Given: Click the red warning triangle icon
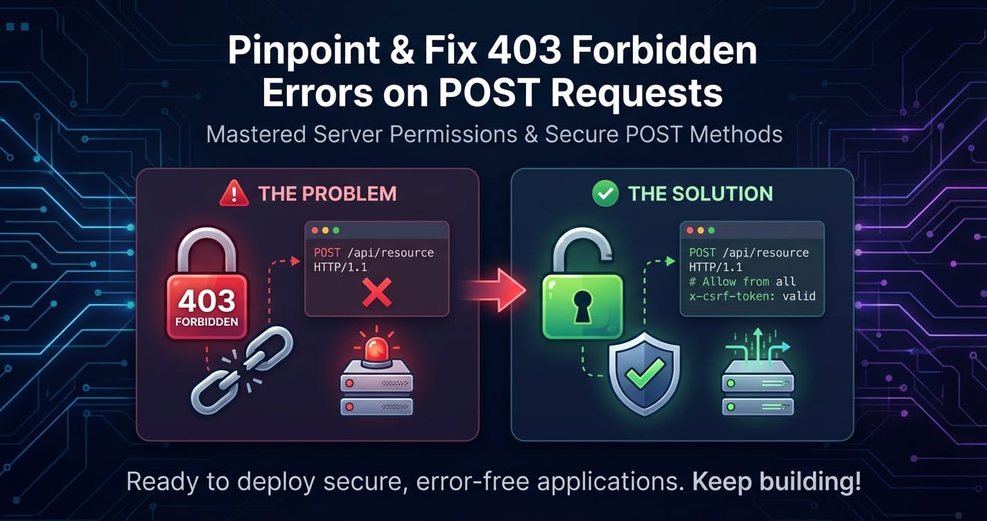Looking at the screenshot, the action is pyautogui.click(x=234, y=193).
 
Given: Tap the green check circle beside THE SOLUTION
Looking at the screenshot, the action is pyautogui.click(x=605, y=193).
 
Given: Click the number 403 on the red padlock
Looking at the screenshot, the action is pyautogui.click(x=207, y=301).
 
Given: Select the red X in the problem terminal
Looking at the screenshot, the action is pyautogui.click(x=377, y=292).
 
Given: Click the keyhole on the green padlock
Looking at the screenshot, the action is pyautogui.click(x=582, y=306).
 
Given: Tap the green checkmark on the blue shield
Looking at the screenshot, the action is pyautogui.click(x=645, y=373).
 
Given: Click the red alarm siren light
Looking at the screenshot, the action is pyautogui.click(x=376, y=350).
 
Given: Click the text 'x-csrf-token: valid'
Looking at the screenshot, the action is pyautogui.click(x=752, y=296).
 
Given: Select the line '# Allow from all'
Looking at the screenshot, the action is pyautogui.click(x=742, y=281).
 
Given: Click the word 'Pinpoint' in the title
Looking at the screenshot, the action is pyautogui.click(x=304, y=51).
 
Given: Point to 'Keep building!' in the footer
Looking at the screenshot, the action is pyautogui.click(x=776, y=482).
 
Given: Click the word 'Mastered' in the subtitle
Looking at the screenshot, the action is pyautogui.click(x=256, y=134).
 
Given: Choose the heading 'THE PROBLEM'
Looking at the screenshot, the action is pyautogui.click(x=327, y=194).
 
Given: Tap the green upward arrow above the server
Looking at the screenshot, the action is pyautogui.click(x=758, y=348).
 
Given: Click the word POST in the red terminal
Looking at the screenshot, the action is pyautogui.click(x=327, y=253).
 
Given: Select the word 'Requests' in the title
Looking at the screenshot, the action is pyautogui.click(x=637, y=93).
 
